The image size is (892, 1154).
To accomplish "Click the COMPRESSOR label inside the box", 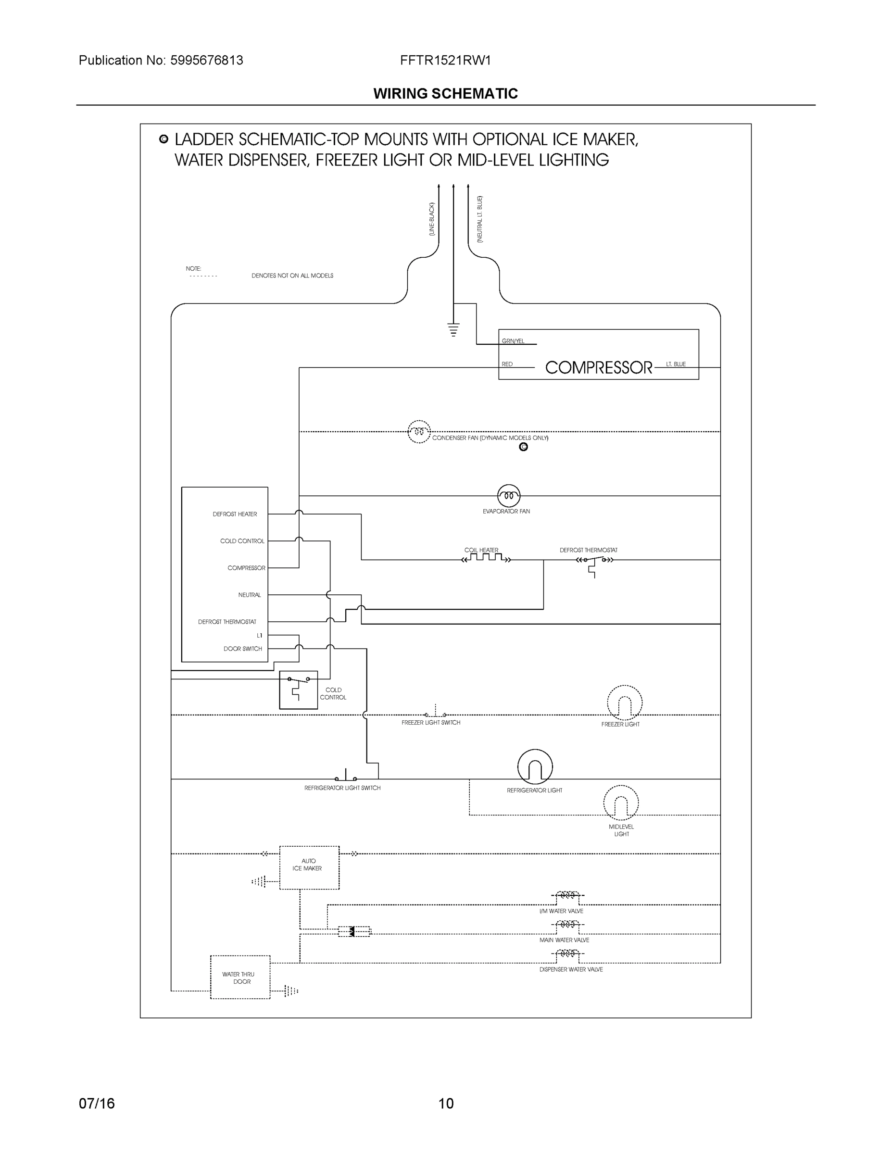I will [x=598, y=367].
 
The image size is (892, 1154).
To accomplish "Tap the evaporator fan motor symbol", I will [x=508, y=496].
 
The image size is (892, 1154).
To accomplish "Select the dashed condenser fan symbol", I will [x=418, y=432].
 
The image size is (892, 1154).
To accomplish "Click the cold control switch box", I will [x=298, y=690].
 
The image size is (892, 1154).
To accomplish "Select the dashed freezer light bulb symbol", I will [x=625, y=703].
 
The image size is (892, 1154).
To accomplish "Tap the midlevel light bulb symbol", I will [x=621, y=803].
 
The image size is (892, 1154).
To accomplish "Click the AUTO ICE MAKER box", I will [x=309, y=867].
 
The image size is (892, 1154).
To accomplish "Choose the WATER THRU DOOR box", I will [x=240, y=977].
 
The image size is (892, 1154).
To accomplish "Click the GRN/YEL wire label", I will [x=513, y=341].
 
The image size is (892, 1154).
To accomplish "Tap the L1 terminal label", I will [x=259, y=635].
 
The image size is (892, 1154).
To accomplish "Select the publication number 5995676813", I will [x=207, y=60].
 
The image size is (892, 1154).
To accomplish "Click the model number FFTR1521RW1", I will [x=445, y=60].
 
